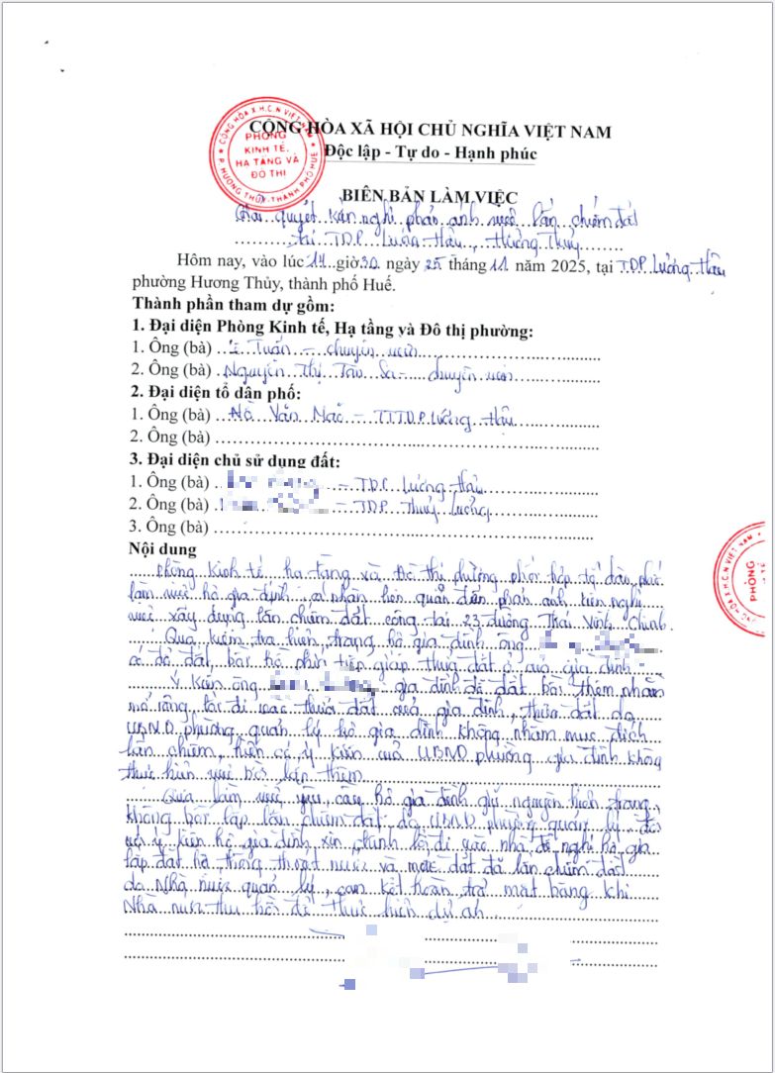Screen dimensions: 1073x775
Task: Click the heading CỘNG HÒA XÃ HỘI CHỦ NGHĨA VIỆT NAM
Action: tap(430, 130)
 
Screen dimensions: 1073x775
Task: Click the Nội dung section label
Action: tap(163, 549)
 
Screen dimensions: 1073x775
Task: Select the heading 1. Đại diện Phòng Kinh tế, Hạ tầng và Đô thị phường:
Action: tap(333, 329)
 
